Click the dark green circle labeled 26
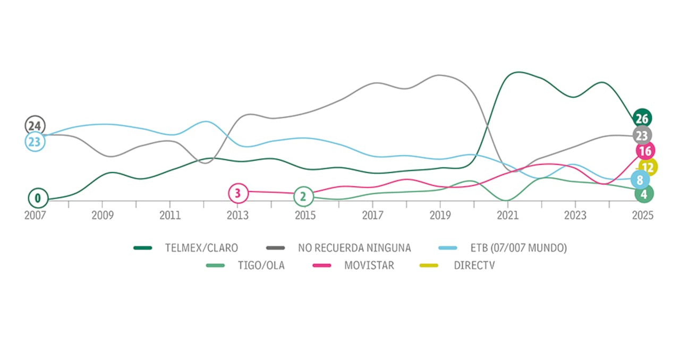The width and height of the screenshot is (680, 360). (x=642, y=118)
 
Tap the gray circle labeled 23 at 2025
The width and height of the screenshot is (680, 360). (x=642, y=135)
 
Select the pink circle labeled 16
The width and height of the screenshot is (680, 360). (x=645, y=151)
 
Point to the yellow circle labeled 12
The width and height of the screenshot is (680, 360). (x=649, y=167)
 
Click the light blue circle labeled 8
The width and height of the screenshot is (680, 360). (x=640, y=179)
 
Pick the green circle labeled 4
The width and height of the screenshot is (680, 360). (x=644, y=194)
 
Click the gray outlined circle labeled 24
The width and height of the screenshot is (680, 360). (x=35, y=126)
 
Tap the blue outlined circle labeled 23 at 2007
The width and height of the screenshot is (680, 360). (x=35, y=142)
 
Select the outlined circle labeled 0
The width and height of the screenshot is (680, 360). (x=38, y=199)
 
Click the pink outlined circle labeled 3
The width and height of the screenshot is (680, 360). (x=238, y=193)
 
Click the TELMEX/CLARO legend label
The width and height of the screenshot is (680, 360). (x=201, y=247)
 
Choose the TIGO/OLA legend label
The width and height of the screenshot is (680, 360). (x=262, y=265)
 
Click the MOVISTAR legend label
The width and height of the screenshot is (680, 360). (x=369, y=265)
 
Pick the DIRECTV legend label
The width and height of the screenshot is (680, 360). (x=474, y=265)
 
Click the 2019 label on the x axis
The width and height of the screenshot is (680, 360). (x=440, y=216)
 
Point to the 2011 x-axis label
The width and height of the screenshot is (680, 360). (x=169, y=216)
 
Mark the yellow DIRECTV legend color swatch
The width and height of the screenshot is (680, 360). (x=429, y=265)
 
